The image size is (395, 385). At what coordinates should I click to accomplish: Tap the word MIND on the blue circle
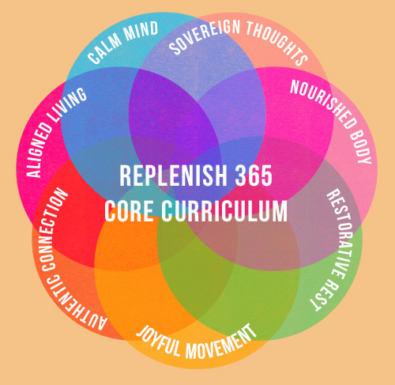point(141,31)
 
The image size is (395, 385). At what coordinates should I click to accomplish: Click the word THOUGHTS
point(277,42)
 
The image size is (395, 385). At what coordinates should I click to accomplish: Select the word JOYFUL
point(159,341)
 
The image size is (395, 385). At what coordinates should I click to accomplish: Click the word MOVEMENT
point(221,342)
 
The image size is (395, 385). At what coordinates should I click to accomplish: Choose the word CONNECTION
point(52,229)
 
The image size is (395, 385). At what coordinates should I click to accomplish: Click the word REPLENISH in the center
point(173,176)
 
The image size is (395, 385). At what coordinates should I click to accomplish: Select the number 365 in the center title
point(254,176)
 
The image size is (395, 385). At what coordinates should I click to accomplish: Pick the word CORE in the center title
point(129,211)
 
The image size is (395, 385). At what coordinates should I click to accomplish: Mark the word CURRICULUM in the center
point(224,211)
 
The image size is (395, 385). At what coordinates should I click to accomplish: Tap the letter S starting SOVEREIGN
point(175,48)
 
